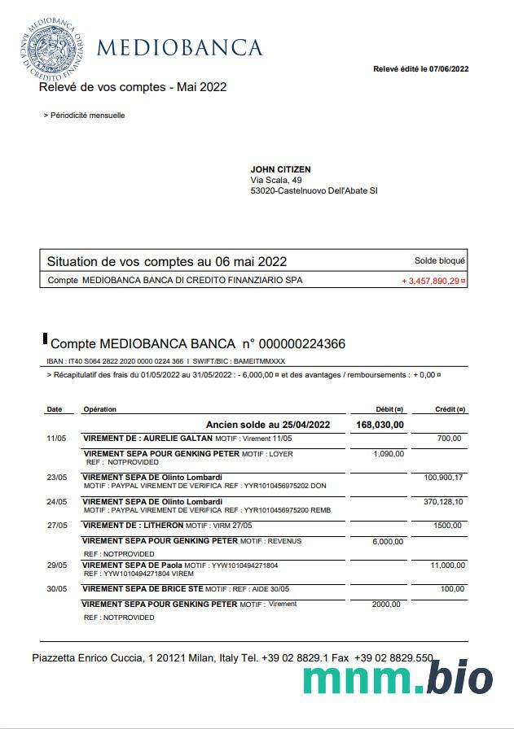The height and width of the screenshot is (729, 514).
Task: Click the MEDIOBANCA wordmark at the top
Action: pos(179,47)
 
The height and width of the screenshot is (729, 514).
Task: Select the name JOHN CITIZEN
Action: pos(280,169)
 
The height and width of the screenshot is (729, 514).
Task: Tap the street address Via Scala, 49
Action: pos(276,180)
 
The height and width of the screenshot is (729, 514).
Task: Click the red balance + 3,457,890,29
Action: pos(433,281)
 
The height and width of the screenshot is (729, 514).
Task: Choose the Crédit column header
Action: pos(450,409)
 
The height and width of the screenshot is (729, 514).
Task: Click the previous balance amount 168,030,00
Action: pos(380,425)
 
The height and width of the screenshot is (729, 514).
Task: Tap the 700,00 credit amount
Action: pos(449,439)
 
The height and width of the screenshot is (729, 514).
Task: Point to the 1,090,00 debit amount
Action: pos(388,454)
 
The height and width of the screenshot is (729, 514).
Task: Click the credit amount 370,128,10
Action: pos(443,502)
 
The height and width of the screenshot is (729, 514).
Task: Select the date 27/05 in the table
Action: pos(55,526)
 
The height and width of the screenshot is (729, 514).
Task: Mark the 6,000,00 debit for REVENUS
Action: pos(388,541)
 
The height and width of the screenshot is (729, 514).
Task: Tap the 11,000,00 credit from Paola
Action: pos(447,565)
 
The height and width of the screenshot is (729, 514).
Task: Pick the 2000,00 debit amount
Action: pos(388,605)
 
